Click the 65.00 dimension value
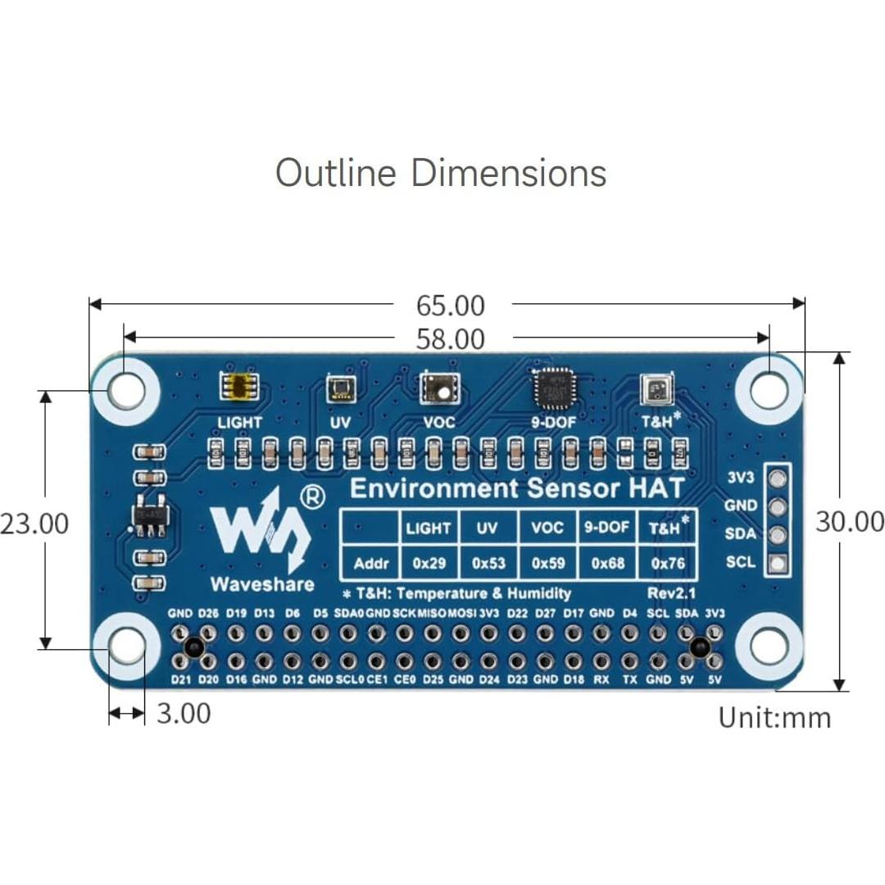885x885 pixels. coord(451,306)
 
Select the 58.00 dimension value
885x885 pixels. coord(451,338)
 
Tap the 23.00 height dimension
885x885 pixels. coord(34,523)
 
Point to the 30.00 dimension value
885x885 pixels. coord(850,521)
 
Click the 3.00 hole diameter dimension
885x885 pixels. coord(184,713)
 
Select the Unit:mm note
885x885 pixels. coord(774,717)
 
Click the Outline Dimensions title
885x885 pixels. coord(441,173)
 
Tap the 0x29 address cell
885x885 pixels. coord(429,564)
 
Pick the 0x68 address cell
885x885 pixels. coord(607,564)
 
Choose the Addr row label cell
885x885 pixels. coord(370,564)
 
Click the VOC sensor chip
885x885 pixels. coord(439,388)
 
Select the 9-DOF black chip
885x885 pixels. coord(554,388)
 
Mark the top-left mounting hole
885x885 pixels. coord(126,390)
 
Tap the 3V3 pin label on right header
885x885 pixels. coord(740,479)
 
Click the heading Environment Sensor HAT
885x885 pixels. coord(516,489)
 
